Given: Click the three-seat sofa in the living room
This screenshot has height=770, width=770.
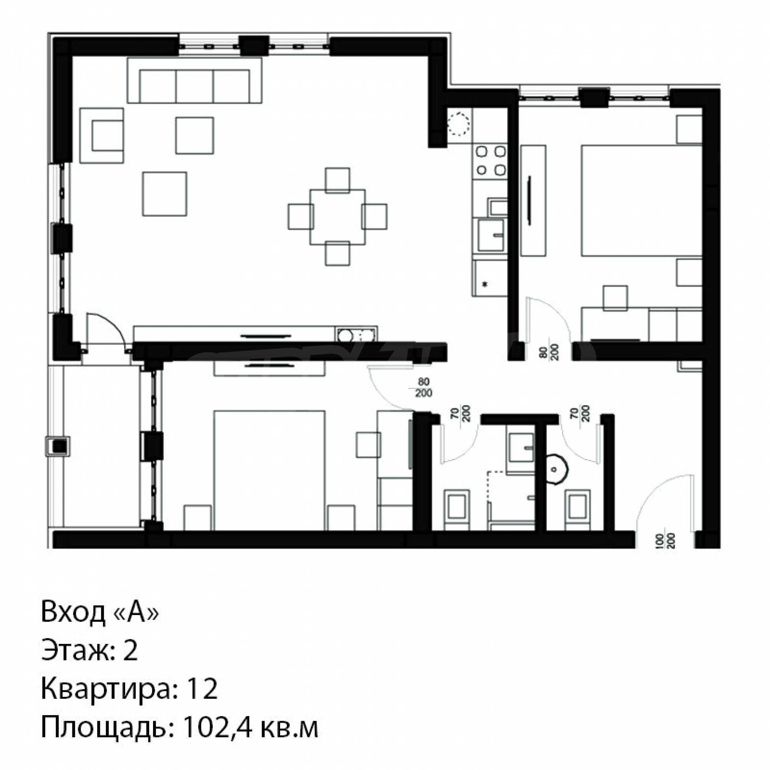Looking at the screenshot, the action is pos(195,81).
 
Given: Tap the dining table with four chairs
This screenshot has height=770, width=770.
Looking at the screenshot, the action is pos(338,217).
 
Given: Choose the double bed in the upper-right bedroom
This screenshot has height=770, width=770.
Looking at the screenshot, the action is pos(641,200).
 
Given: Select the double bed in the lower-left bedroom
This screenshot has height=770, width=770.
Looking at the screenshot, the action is pos(269,471).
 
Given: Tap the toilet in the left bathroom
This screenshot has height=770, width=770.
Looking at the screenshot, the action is pos(457,509).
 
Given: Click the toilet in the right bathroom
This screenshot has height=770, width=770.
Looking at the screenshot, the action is pos(577,509).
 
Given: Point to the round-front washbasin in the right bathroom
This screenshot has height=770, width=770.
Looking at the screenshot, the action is pos(556,469).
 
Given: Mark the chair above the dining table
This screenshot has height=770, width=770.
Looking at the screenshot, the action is pos(338,180).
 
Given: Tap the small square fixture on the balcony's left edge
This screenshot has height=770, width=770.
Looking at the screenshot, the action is pos(58,446).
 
